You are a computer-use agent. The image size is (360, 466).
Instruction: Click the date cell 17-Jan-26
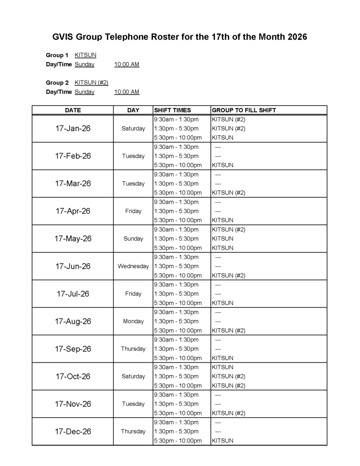(73, 128)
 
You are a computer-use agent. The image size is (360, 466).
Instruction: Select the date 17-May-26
(73, 239)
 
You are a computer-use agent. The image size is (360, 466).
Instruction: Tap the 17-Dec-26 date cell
(73, 432)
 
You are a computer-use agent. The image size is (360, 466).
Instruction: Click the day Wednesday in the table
(133, 266)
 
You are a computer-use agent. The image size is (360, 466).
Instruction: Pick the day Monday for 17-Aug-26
(133, 322)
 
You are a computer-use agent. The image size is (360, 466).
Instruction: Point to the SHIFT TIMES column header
(172, 110)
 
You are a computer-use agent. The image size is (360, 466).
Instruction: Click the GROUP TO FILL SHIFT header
(244, 110)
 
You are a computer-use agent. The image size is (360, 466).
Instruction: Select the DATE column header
(73, 110)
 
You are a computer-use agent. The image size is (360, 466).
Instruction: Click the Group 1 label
(57, 55)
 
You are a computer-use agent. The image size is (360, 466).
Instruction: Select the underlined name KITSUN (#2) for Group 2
(91, 83)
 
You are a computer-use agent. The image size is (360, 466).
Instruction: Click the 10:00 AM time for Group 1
(127, 64)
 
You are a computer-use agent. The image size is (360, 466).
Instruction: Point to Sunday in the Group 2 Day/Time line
(84, 92)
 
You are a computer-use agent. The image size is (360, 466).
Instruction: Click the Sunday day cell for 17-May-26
(133, 239)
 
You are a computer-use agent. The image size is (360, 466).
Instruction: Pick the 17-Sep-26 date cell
(73, 349)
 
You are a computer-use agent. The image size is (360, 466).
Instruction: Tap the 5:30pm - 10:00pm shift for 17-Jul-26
(178, 303)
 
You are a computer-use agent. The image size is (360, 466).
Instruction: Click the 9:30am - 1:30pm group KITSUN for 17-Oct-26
(222, 367)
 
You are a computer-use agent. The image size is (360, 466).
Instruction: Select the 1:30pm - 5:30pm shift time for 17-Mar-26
(176, 184)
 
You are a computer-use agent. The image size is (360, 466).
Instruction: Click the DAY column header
(133, 110)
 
